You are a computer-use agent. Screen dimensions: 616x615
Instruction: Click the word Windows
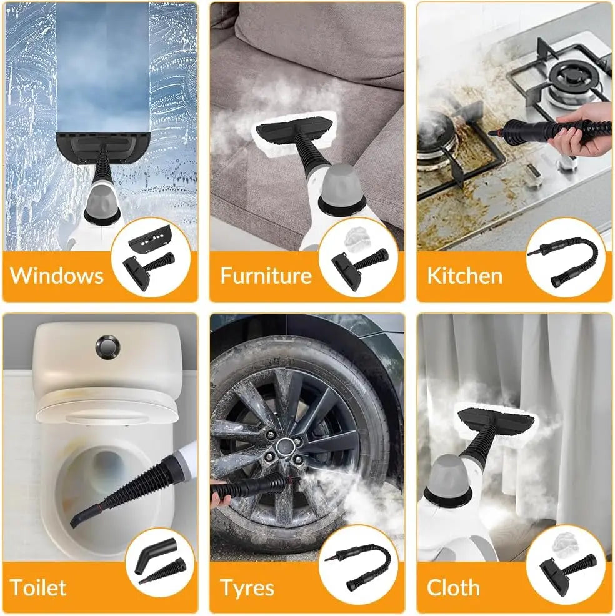pyautogui.click(x=57, y=276)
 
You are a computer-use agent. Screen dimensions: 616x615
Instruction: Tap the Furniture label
pyautogui.click(x=266, y=276)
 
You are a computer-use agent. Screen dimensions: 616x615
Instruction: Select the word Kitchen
pyautogui.click(x=464, y=276)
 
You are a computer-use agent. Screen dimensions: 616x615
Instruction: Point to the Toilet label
pyautogui.click(x=38, y=587)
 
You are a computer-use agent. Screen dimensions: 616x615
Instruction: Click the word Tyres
pyautogui.click(x=247, y=587)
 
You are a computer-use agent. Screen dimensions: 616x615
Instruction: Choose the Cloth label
pyautogui.click(x=453, y=587)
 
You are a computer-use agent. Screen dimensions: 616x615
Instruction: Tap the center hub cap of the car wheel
pyautogui.click(x=286, y=446)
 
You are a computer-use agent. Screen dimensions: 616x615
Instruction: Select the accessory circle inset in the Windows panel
pyautogui.click(x=151, y=257)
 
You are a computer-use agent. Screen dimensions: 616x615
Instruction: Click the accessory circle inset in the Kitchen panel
pyautogui.click(x=566, y=257)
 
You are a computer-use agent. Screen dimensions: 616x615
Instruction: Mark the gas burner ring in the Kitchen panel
pyautogui.click(x=569, y=75)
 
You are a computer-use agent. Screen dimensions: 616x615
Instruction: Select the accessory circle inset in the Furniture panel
pyautogui.click(x=358, y=257)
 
